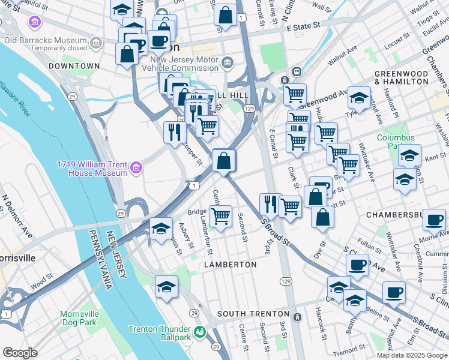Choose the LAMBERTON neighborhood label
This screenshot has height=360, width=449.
(230, 264)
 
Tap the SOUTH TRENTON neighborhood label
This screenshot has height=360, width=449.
(253, 314)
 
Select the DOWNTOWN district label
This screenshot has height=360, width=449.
(74, 65)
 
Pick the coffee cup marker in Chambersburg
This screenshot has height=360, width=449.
(433, 220)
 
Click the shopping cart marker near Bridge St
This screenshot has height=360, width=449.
(220, 215)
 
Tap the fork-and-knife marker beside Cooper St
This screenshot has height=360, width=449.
(175, 132)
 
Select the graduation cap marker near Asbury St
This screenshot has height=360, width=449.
(161, 229)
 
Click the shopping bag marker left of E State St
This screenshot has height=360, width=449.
(225, 16)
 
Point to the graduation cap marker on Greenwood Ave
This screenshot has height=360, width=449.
(359, 97)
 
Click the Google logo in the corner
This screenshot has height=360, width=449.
(20, 353)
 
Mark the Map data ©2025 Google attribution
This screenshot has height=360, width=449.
(411, 355)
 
